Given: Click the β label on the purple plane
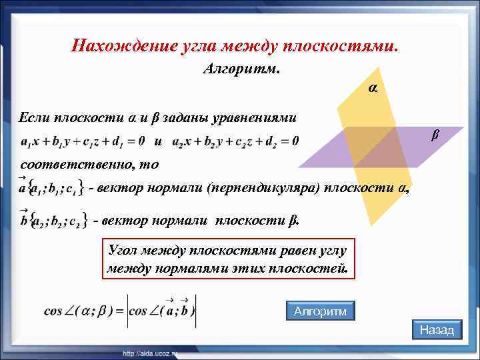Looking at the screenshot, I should point(435,135).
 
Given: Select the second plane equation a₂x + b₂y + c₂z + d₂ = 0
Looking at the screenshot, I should point(235,141).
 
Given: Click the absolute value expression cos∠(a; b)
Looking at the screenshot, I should point(162,311).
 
